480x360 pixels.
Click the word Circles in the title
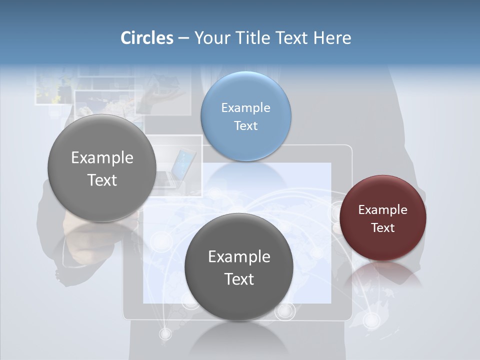tap(146, 38)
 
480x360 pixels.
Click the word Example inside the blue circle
tap(245, 107)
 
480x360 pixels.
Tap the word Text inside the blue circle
tap(245, 125)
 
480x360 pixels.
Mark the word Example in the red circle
tap(383, 209)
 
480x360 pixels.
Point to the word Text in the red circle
tap(383, 227)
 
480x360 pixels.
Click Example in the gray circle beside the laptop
tap(102, 157)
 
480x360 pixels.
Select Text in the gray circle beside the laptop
tap(102, 180)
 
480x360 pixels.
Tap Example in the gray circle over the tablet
tap(239, 256)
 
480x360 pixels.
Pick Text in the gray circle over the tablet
tap(239, 279)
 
